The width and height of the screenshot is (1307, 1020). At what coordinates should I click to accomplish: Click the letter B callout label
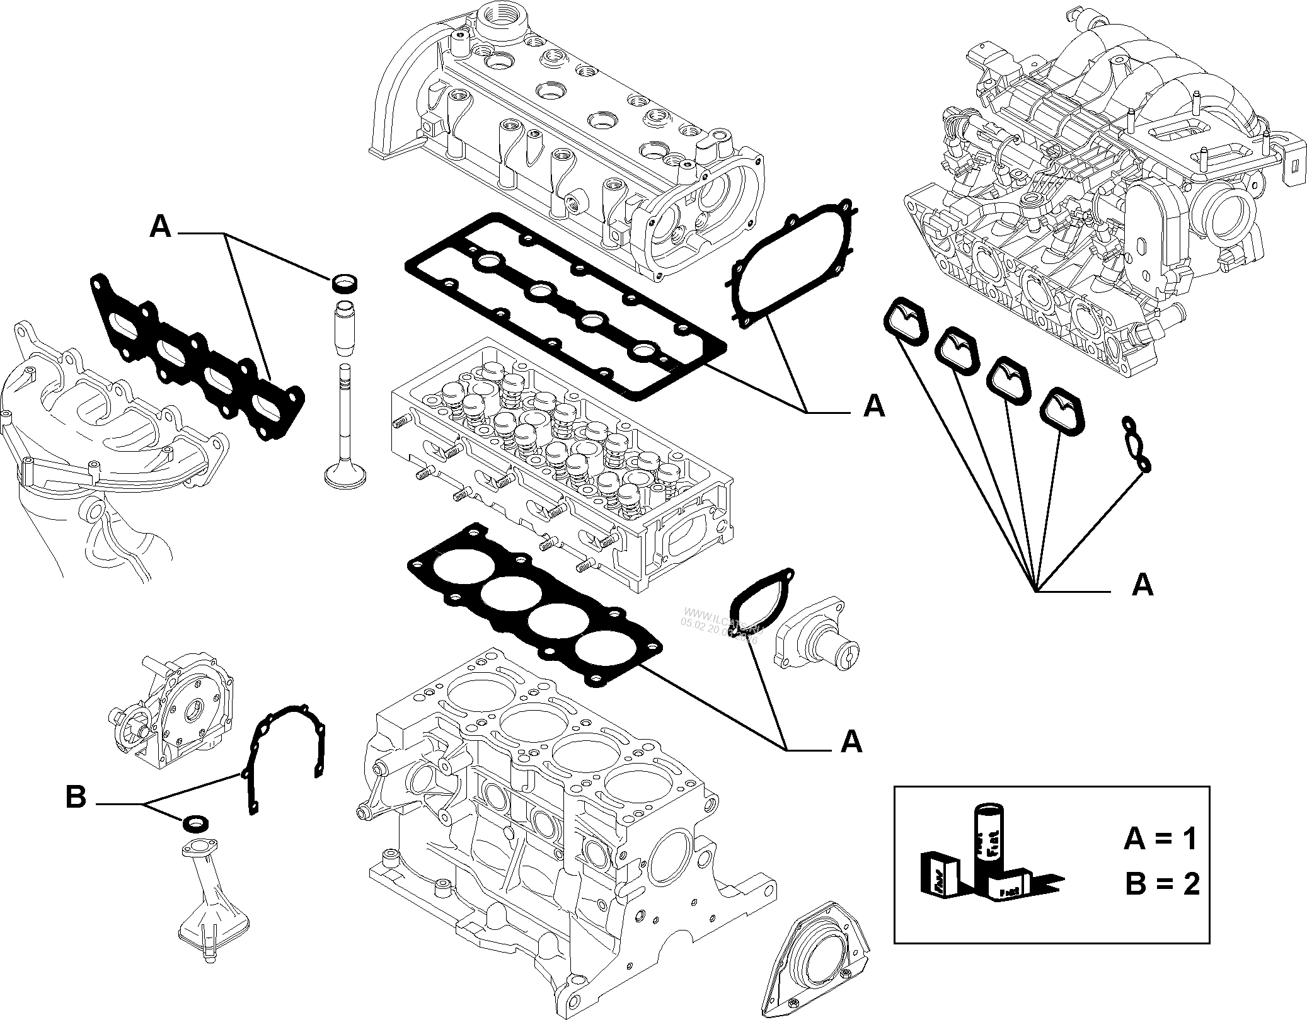click(76, 798)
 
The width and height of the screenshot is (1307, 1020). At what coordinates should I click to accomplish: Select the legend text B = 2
click(1162, 885)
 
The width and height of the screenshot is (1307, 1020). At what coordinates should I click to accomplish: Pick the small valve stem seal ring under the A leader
click(343, 284)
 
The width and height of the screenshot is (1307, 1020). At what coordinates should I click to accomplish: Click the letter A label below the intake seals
click(1142, 586)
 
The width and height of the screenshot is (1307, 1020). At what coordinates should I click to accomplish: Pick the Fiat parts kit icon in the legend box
click(990, 863)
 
